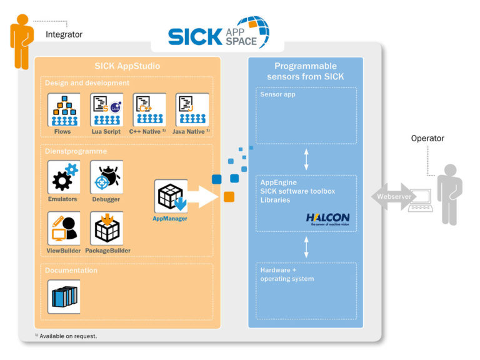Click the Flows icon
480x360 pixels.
(64, 110)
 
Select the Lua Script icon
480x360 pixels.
(106, 110)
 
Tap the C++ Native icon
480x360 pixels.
(149, 110)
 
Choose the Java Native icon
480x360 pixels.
(192, 110)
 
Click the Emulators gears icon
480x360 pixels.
(64, 177)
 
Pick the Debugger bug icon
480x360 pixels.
(106, 177)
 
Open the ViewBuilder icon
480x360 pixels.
(64, 228)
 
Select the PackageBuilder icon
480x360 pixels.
(106, 228)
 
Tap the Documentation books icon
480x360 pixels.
(64, 296)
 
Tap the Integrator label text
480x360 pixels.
(64, 34)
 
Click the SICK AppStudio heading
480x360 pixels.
(127, 67)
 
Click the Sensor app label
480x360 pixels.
(277, 94)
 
